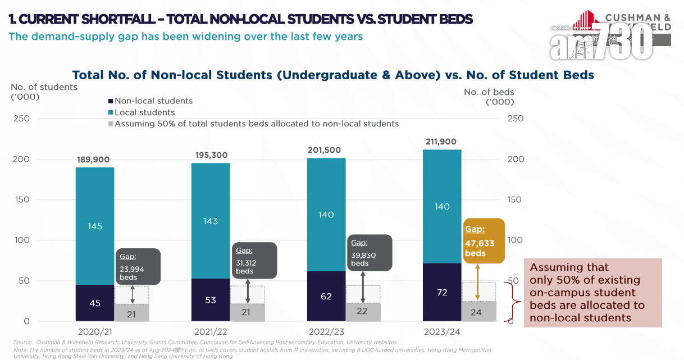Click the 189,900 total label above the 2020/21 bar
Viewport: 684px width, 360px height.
point(93,160)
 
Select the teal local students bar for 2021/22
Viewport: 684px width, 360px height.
point(211,220)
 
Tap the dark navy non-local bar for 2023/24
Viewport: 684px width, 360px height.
point(442,292)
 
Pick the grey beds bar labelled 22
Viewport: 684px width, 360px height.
point(363,312)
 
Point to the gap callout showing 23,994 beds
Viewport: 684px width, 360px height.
point(138,266)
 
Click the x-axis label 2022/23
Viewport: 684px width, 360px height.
point(326,332)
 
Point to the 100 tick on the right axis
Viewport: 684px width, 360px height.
point(515,240)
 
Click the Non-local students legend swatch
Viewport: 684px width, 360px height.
point(110,101)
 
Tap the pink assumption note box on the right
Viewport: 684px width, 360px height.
point(592,292)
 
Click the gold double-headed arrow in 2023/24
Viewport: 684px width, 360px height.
point(477,282)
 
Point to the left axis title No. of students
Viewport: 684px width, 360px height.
point(44,87)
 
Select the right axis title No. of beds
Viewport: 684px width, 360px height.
point(489,92)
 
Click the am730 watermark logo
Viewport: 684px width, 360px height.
point(601,42)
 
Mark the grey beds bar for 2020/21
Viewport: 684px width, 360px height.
point(131,313)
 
